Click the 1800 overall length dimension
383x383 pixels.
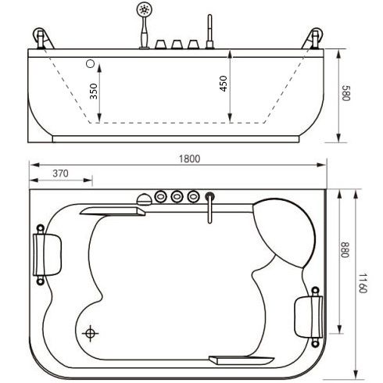coord(189,159)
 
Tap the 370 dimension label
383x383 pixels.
coord(60,174)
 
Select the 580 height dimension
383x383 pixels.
coord(346,93)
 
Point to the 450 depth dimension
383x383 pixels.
coord(224,84)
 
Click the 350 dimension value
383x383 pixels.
coord(93,91)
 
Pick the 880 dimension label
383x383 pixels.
coord(345,249)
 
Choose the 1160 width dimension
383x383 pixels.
coord(363,283)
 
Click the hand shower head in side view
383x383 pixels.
coord(144,9)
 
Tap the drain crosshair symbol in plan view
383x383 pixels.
coord(90,333)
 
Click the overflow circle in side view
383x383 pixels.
coord(90,63)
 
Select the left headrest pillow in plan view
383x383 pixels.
coord(47,255)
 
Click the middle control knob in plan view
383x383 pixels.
coord(177,196)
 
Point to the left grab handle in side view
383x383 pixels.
coord(43,38)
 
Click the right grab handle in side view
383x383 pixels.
coord(313,38)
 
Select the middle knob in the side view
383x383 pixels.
coord(177,45)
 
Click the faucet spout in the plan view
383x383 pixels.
coord(209,208)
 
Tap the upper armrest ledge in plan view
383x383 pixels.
coord(113,211)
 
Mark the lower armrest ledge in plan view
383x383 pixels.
coord(242,360)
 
